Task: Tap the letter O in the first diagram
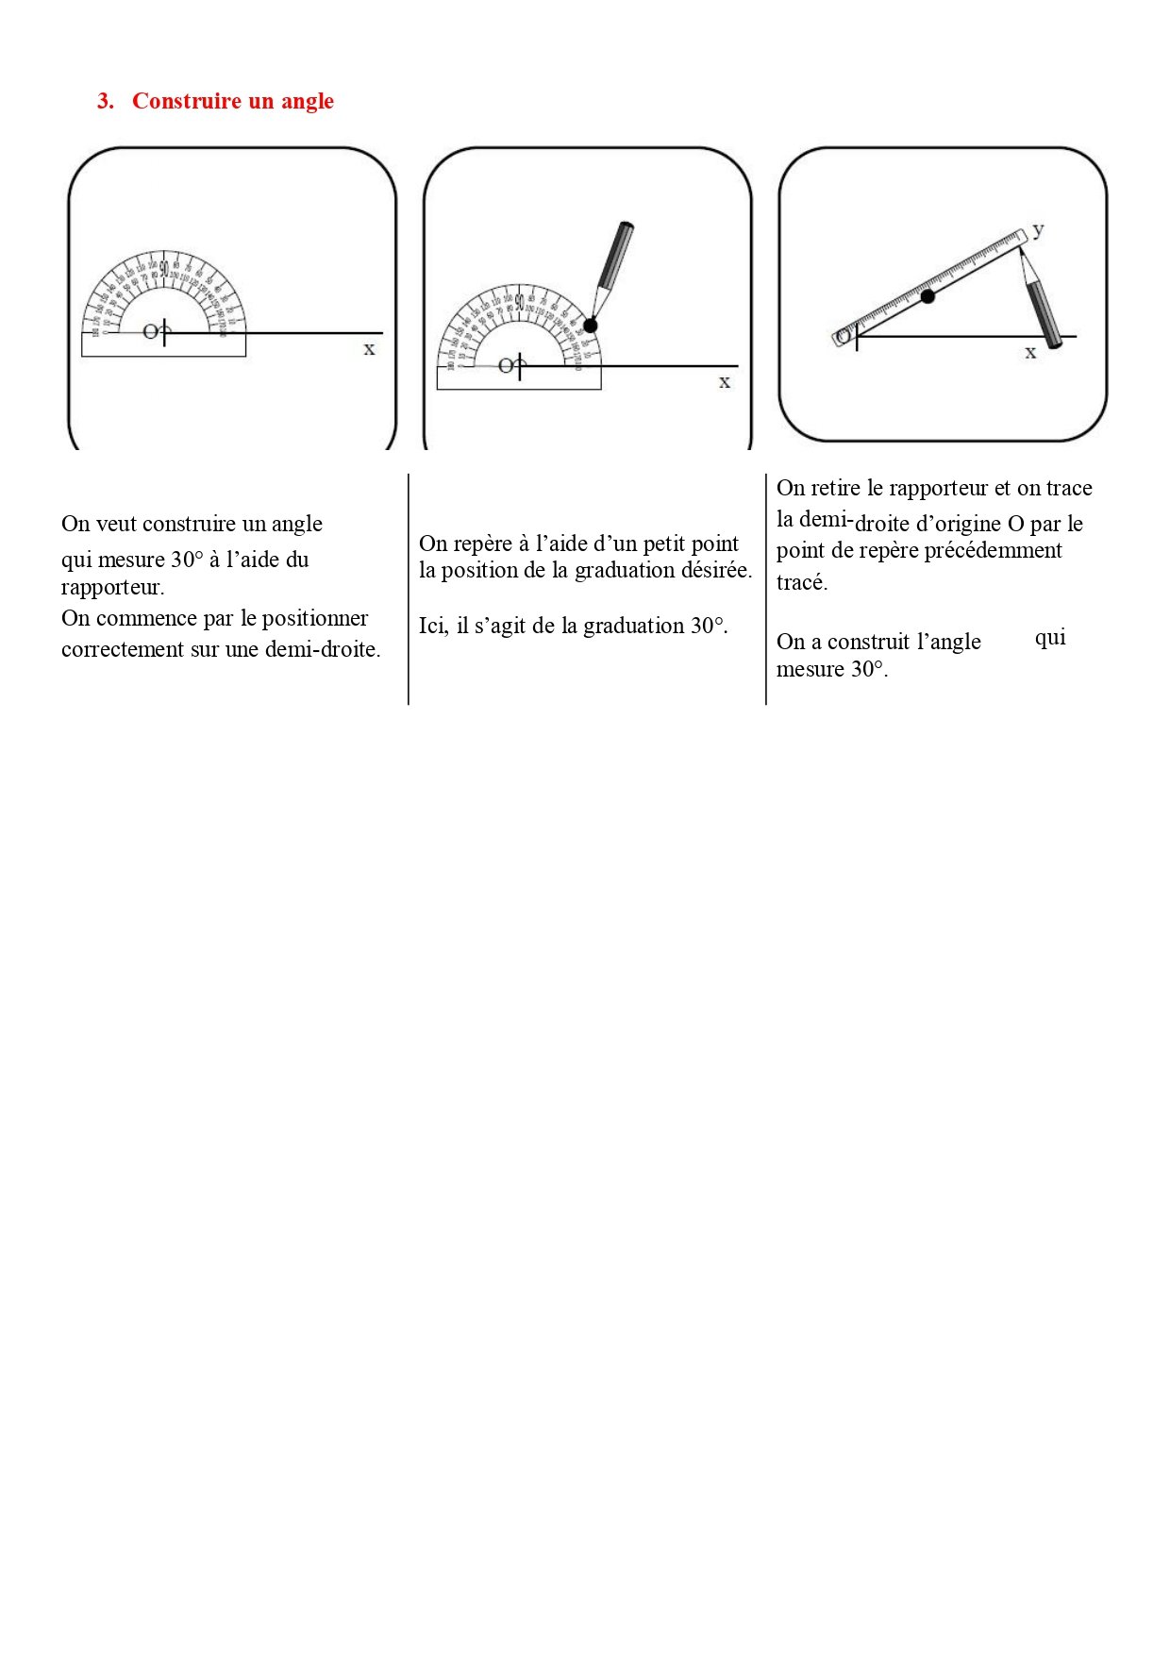(150, 332)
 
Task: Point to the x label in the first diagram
(369, 349)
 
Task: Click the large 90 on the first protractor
(164, 268)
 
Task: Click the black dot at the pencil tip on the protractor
(591, 326)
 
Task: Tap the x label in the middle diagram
(725, 382)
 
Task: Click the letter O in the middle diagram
(506, 365)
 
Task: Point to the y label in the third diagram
(1038, 229)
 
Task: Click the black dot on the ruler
(928, 296)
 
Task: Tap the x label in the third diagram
(1030, 352)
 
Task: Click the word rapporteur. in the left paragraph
(112, 587)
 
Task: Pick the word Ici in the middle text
(432, 626)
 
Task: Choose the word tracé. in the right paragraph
(801, 582)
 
